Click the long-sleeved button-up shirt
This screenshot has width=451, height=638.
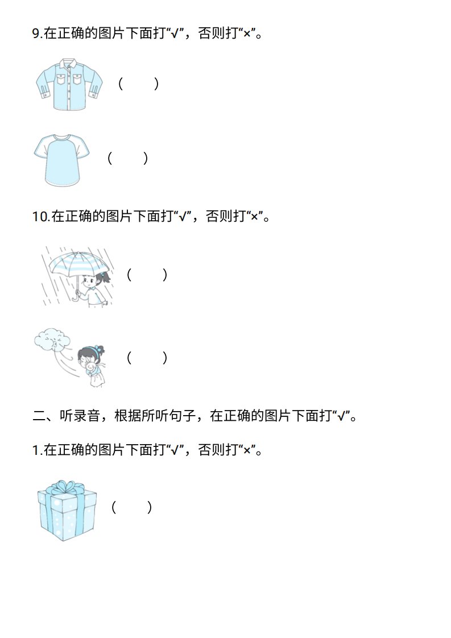(69, 84)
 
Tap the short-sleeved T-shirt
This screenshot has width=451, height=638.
(61, 160)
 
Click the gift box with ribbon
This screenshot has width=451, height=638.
(67, 511)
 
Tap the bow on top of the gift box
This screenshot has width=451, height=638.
(65, 487)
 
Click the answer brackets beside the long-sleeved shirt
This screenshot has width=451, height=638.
(138, 84)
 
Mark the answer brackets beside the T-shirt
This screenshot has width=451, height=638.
(127, 158)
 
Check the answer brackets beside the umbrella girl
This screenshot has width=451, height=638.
(147, 275)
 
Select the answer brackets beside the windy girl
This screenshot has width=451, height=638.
(147, 358)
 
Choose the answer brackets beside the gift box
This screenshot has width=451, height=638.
(131, 507)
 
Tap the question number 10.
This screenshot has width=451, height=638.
(41, 217)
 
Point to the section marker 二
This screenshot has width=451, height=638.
(39, 416)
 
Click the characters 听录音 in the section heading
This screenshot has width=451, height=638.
(80, 416)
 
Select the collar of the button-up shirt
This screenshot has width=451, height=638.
(69, 63)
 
